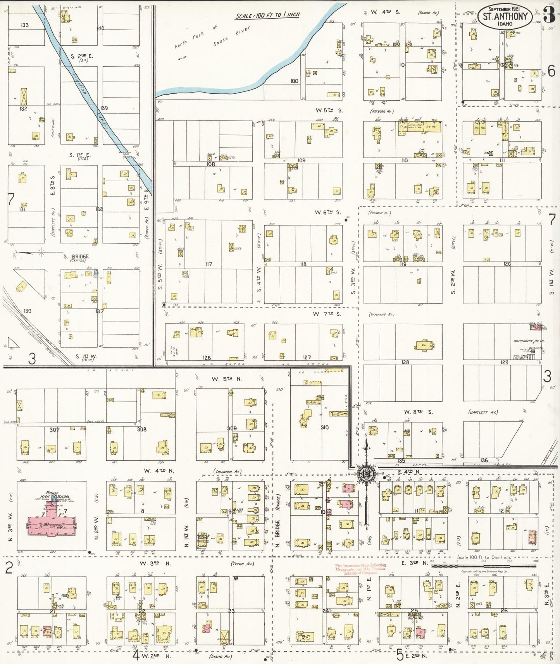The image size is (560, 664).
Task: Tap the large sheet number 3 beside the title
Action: click(548, 15)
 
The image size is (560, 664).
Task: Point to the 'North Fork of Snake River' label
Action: click(212, 37)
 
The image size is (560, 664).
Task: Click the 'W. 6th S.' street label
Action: click(327, 212)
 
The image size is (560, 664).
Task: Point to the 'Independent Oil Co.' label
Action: click(529, 341)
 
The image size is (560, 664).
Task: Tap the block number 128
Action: click(405, 362)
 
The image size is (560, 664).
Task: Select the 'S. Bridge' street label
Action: click(76, 256)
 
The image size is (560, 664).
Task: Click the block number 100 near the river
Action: click(294, 81)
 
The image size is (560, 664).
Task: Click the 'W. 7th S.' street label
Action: click(328, 314)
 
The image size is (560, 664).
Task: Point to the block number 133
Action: click(24, 25)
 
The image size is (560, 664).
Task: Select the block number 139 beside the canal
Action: click(103, 108)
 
